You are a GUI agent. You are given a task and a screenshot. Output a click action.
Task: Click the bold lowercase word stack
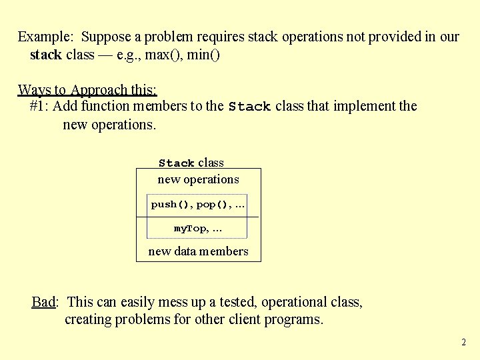tap(46, 55)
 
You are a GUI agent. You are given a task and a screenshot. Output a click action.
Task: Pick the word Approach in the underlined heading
tap(99, 89)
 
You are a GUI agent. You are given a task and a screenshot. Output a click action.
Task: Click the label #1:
tap(39, 106)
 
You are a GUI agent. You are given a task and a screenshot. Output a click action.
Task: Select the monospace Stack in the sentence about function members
tap(249, 107)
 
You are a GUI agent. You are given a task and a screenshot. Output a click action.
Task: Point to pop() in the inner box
tap(213, 204)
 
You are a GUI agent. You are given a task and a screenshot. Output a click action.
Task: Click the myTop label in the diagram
tap(191, 228)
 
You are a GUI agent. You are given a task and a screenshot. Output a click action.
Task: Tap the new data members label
tap(198, 251)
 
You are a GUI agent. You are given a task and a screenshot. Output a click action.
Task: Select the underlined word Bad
tap(43, 302)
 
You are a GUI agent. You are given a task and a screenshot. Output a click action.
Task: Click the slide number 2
tap(463, 343)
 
